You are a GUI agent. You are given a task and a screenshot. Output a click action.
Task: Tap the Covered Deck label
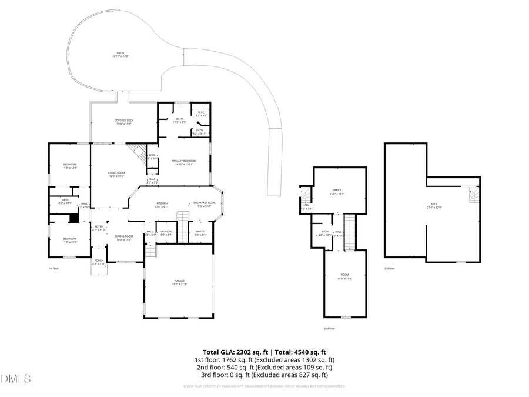click(x=124, y=121)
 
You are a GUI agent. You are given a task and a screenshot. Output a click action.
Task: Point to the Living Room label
click(x=116, y=174)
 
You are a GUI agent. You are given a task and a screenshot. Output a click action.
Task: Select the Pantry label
click(x=200, y=232)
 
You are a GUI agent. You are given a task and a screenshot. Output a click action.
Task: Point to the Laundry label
click(x=166, y=232)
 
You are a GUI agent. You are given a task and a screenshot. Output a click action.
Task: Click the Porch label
click(x=99, y=262)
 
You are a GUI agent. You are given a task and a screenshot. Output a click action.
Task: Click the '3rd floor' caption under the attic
click(x=389, y=268)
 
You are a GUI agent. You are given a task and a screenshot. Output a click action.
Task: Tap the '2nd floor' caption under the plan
click(x=329, y=328)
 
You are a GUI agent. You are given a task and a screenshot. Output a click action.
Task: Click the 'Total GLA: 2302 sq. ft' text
click(x=224, y=351)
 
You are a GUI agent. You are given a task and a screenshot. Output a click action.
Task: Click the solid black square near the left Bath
click(x=73, y=218)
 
